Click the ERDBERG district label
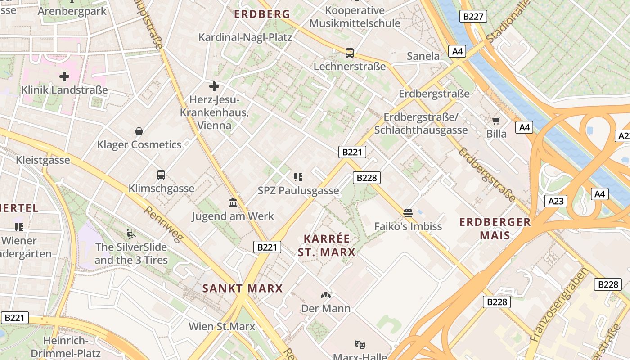tap(262, 14)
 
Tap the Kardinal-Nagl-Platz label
tap(245, 37)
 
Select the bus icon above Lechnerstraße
tap(350, 53)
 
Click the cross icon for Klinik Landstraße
tap(64, 76)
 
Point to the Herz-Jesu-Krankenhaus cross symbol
tap(214, 86)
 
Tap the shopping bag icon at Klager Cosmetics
tap(139, 131)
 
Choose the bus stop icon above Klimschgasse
tap(161, 175)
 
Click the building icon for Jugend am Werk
tap(233, 203)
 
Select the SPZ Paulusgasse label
tap(298, 190)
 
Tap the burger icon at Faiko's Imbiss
tap(408, 213)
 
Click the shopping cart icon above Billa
tap(496, 121)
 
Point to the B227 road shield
tap(473, 17)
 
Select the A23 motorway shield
tap(556, 201)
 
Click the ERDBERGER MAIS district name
tap(495, 229)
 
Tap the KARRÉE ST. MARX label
tap(326, 245)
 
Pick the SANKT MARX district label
tap(242, 288)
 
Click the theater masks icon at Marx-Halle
tap(360, 344)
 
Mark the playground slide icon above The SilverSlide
tap(131, 234)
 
